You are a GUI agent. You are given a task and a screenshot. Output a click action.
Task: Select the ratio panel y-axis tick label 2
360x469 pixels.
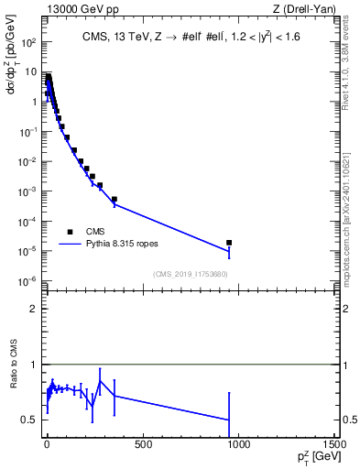coord(32,309)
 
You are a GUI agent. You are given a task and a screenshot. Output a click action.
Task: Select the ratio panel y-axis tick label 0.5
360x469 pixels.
coord(28,420)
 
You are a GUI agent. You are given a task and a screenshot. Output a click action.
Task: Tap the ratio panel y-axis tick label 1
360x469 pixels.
coord(32,365)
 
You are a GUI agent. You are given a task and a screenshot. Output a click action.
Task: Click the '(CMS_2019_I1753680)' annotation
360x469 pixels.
coord(190,274)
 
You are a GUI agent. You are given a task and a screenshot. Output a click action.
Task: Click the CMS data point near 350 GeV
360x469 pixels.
coord(115,199)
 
